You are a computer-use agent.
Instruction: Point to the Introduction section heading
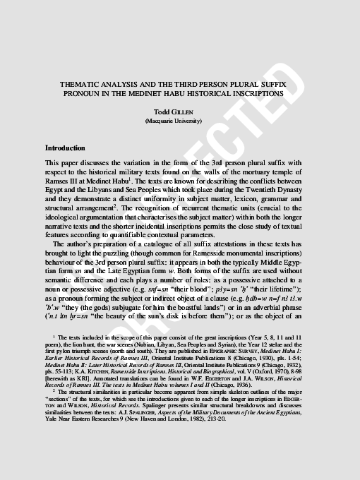point(65,148)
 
